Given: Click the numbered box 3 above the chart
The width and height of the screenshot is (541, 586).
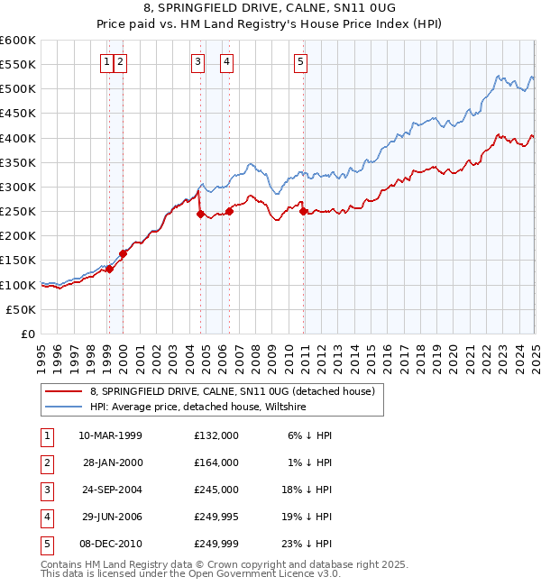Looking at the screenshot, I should tap(197, 62).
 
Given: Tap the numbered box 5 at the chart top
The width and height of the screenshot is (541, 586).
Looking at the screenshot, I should tap(300, 62).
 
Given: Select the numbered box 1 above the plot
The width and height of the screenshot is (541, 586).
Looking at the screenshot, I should tap(107, 62).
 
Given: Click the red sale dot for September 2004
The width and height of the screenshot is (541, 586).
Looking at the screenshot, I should tap(200, 214).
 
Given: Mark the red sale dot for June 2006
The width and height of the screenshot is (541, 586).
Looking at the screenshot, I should tap(229, 211).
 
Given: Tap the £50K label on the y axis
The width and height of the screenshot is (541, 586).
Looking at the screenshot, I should tap(21, 309).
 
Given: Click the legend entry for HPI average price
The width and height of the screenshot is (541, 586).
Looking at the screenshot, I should tap(198, 407).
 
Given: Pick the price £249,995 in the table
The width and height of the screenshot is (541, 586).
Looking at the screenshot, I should tap(216, 517).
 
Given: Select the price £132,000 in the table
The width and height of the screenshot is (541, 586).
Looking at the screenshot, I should tap(216, 435).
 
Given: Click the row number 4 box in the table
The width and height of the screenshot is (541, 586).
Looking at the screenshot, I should tap(46, 517).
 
